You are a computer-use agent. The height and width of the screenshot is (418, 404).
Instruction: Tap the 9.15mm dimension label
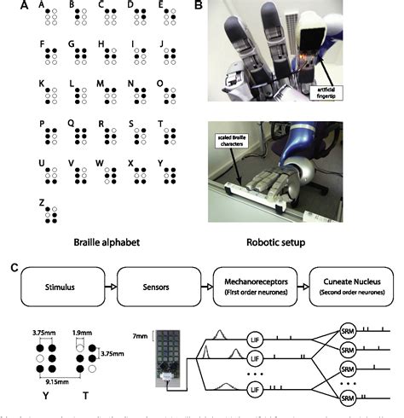[x=57, y=381]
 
